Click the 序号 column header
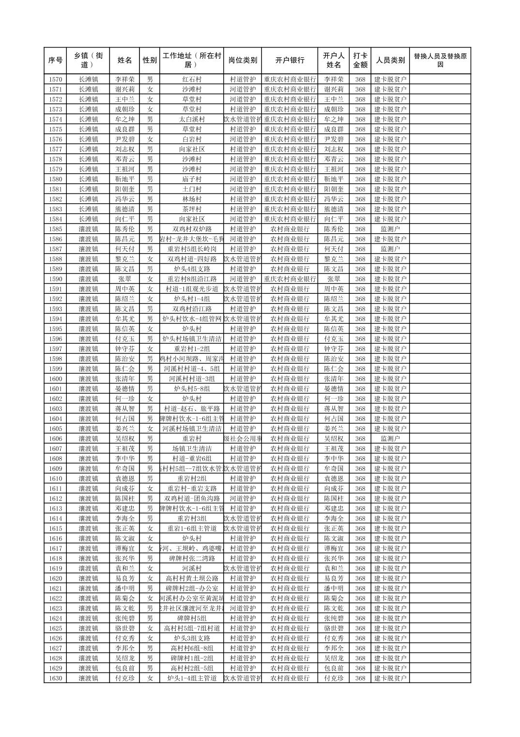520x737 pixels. pyautogui.click(x=55, y=61)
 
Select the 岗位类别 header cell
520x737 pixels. pyautogui.click(x=243, y=61)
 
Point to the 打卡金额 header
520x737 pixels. pyautogui.click(x=360, y=61)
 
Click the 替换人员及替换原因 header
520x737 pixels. pyautogui.click(x=440, y=61)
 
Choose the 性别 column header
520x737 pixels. pyautogui.click(x=150, y=61)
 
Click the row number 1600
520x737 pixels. pyautogui.click(x=55, y=379)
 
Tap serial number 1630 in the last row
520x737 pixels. pyautogui.click(x=55, y=678)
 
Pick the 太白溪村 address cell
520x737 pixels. pyautogui.click(x=192, y=119)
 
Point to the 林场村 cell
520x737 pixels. pyautogui.click(x=192, y=199)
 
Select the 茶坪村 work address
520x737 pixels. pyautogui.click(x=192, y=209)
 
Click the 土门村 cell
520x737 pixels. pyautogui.click(x=192, y=189)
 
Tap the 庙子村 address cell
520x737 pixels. pyautogui.click(x=192, y=179)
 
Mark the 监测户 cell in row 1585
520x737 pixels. pyautogui.click(x=390, y=229)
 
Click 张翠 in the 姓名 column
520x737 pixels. pyautogui.click(x=124, y=279)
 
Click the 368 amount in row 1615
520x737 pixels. pyautogui.click(x=360, y=529)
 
